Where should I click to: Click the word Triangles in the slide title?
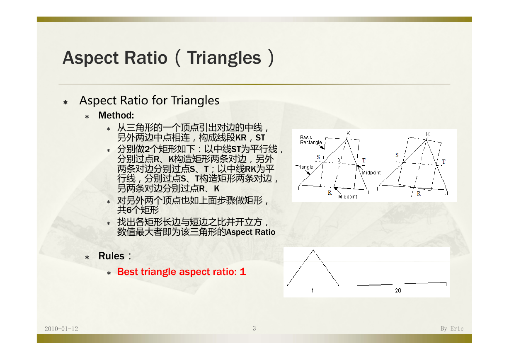(224, 58)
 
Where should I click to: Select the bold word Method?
(116, 116)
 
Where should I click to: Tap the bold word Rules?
(111, 256)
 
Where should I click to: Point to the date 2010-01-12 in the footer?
(61, 329)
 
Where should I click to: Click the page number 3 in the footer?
(254, 329)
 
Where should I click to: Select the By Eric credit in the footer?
(452, 329)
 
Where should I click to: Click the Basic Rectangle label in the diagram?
(311, 140)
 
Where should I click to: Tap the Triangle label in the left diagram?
(304, 167)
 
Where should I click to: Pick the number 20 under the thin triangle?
(398, 290)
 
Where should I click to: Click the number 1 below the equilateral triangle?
(313, 290)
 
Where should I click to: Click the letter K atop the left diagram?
(348, 133)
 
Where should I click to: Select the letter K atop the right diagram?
(428, 134)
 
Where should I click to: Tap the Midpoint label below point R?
(347, 197)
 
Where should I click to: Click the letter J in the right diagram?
(446, 193)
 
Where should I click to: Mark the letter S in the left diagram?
(318, 157)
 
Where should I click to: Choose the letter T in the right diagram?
(444, 162)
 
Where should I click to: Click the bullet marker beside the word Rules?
(87, 258)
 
